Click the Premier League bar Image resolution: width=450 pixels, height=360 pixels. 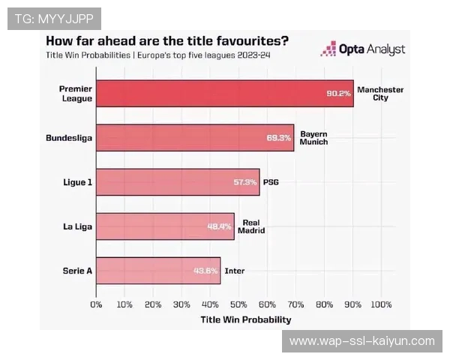(x=224, y=94)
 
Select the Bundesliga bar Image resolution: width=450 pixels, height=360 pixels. (x=195, y=137)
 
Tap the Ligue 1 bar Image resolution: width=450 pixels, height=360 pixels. (x=178, y=182)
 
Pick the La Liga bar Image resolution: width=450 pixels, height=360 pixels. (x=165, y=226)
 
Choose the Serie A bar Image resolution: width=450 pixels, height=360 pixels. (x=158, y=270)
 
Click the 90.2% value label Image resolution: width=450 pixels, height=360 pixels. (x=338, y=94)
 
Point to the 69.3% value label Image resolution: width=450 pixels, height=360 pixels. (x=279, y=138)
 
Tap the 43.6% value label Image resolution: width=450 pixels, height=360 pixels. (x=206, y=271)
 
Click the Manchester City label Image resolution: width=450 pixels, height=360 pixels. (x=380, y=94)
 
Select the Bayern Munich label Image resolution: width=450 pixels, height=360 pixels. (x=313, y=137)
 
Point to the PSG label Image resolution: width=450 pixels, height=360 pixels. (x=271, y=182)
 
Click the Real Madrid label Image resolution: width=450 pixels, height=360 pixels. (x=250, y=226)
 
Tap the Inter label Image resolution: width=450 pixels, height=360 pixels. (x=234, y=271)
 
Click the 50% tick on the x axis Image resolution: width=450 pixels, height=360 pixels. (x=238, y=304)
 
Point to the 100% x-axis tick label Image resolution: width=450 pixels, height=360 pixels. (x=381, y=304)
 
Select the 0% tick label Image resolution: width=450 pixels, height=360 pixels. (x=96, y=304)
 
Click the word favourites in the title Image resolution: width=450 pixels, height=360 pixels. (x=239, y=40)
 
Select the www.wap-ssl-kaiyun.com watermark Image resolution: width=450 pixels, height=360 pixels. (x=361, y=341)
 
